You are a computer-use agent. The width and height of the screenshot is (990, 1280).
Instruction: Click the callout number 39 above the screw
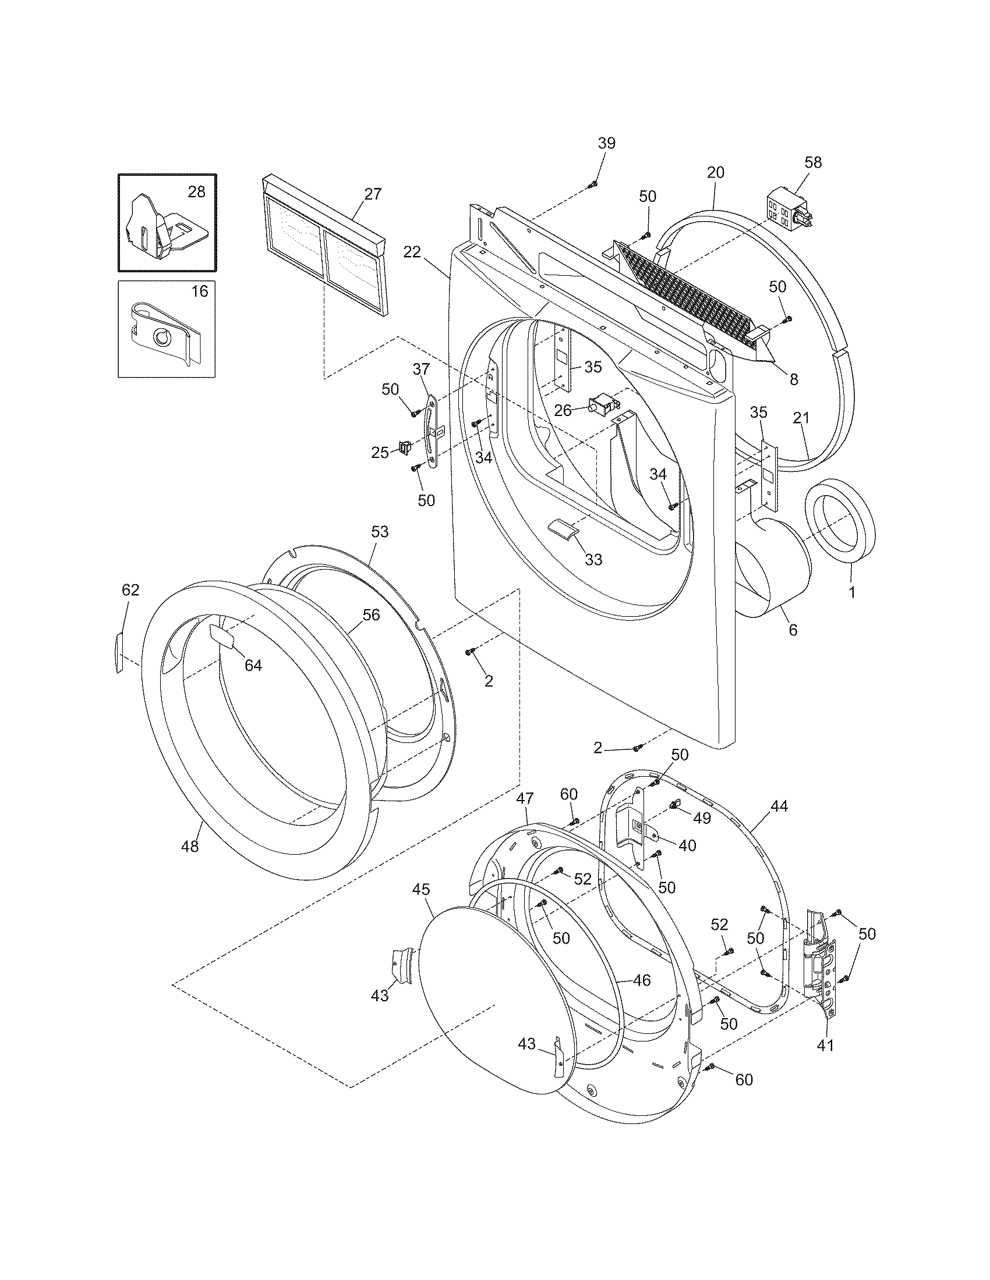tap(606, 143)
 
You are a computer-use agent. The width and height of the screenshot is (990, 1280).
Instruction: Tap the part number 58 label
tap(813, 162)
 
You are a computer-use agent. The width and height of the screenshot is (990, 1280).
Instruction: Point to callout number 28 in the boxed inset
tap(196, 191)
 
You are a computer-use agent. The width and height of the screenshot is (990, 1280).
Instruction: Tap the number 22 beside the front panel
tap(412, 252)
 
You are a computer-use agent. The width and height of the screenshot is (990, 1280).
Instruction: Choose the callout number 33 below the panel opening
tap(593, 560)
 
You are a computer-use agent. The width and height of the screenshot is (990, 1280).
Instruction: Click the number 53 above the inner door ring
tap(380, 532)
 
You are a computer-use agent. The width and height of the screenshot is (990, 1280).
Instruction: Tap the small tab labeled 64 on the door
tap(221, 635)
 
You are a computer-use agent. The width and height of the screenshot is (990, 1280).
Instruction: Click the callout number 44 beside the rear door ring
tap(779, 806)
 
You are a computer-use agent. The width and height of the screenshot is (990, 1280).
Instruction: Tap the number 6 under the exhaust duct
tap(793, 630)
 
